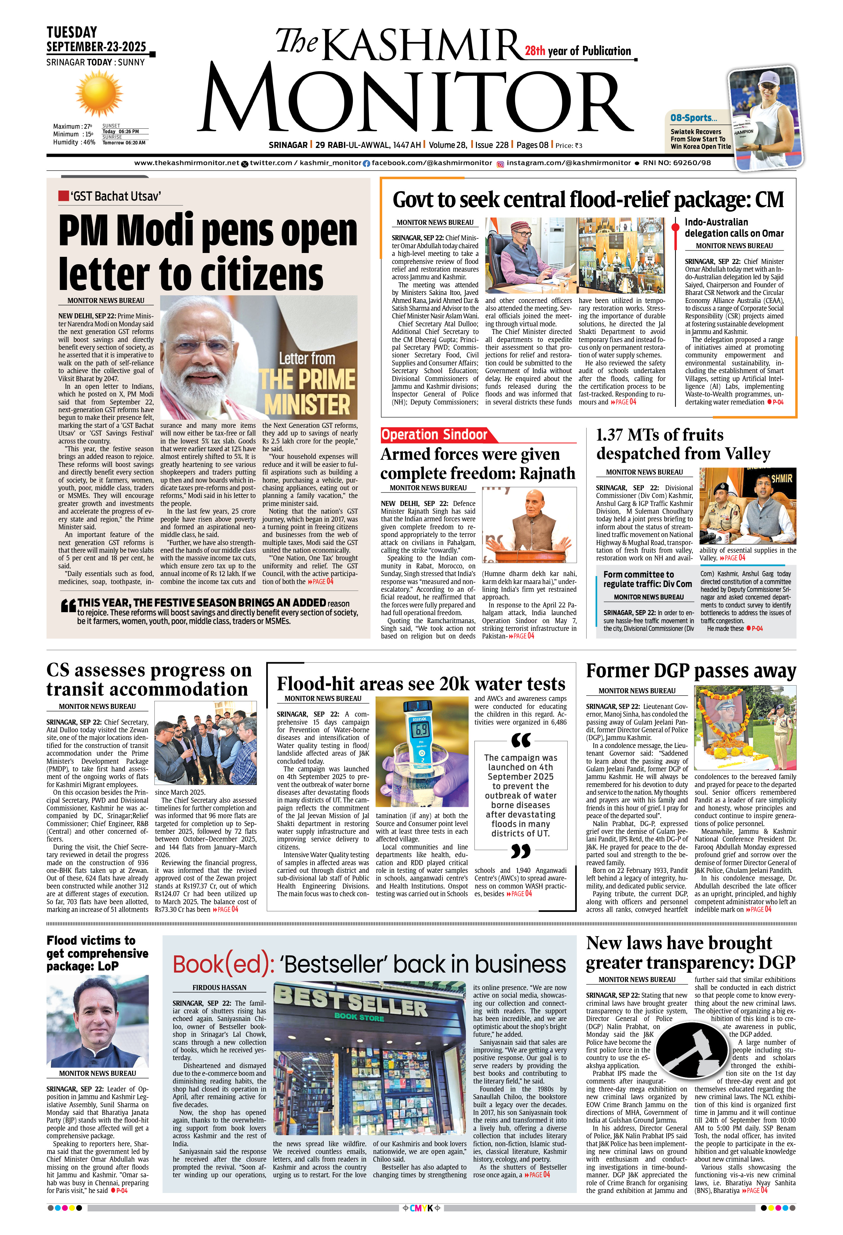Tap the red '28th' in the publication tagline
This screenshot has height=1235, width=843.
(535, 51)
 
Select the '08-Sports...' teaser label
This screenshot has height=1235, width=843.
(693, 118)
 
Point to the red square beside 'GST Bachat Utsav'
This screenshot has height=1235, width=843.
(63, 196)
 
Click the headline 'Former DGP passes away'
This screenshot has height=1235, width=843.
(691, 671)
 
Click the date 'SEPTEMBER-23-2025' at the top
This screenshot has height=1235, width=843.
(96, 47)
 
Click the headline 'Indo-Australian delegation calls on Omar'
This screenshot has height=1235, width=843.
(734, 228)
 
